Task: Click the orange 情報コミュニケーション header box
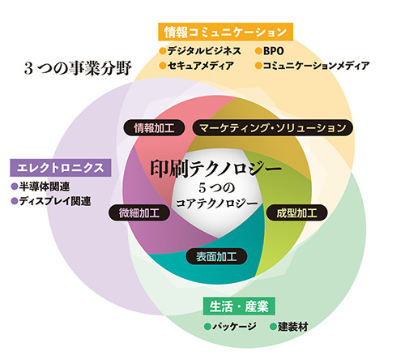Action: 225,32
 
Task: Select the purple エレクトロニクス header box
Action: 61,168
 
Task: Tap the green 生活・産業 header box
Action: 239,306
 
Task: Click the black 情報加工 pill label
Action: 154,127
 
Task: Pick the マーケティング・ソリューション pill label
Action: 273,127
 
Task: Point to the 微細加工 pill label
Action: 139,212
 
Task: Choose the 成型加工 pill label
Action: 296,212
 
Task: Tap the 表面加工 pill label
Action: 216,256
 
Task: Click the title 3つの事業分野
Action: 78,68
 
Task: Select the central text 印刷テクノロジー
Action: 216,169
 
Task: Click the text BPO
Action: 273,51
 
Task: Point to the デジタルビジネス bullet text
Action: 204,51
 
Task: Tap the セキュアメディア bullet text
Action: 200,66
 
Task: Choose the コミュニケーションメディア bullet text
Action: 316,66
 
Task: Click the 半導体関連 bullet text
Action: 45,186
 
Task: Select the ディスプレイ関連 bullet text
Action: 55,201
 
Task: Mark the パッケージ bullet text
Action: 234,327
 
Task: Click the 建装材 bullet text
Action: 293,327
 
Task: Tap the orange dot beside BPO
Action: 258,51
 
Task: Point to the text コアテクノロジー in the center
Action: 217,204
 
